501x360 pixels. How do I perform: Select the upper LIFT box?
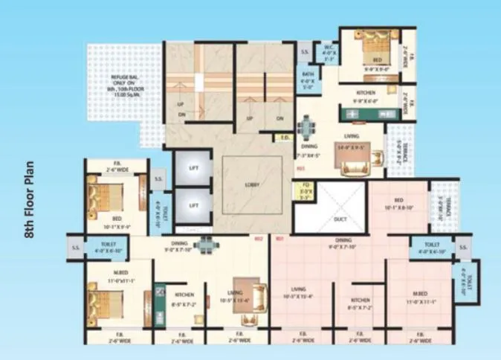pyautogui.click(x=193, y=169)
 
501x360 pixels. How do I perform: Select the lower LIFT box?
pyautogui.click(x=193, y=205)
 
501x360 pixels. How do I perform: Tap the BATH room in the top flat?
pyautogui.click(x=306, y=79)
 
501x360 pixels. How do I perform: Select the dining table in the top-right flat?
pyautogui.click(x=306, y=129)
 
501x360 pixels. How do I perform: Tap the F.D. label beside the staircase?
pyautogui.click(x=285, y=138)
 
